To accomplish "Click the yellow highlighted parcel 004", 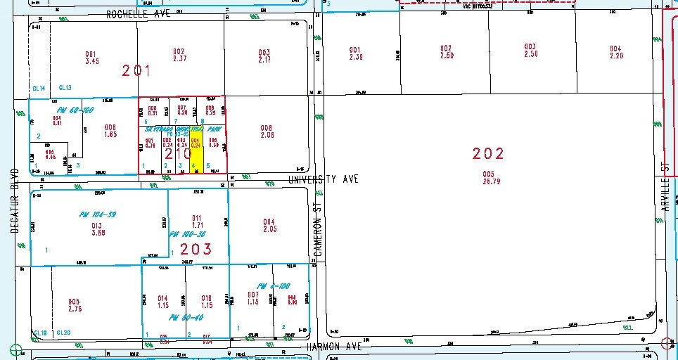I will [x=197, y=151].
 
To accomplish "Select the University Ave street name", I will [x=323, y=179].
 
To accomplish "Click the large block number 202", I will [x=489, y=153].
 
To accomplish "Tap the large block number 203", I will [x=196, y=249].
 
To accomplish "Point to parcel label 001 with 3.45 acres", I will [x=91, y=57].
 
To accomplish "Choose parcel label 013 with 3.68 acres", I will [x=97, y=229].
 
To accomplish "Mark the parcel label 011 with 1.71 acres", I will [x=197, y=221].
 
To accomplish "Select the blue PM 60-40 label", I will [x=181, y=318].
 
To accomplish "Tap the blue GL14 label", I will [x=39, y=88].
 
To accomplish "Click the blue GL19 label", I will [x=41, y=333].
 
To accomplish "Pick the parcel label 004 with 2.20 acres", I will [x=616, y=52].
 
